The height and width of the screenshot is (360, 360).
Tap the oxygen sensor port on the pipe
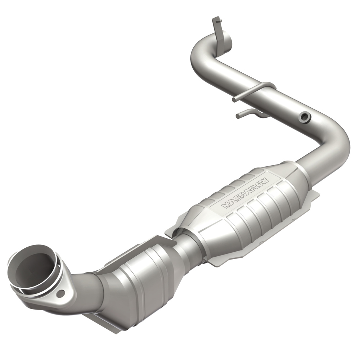(x=305, y=116)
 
